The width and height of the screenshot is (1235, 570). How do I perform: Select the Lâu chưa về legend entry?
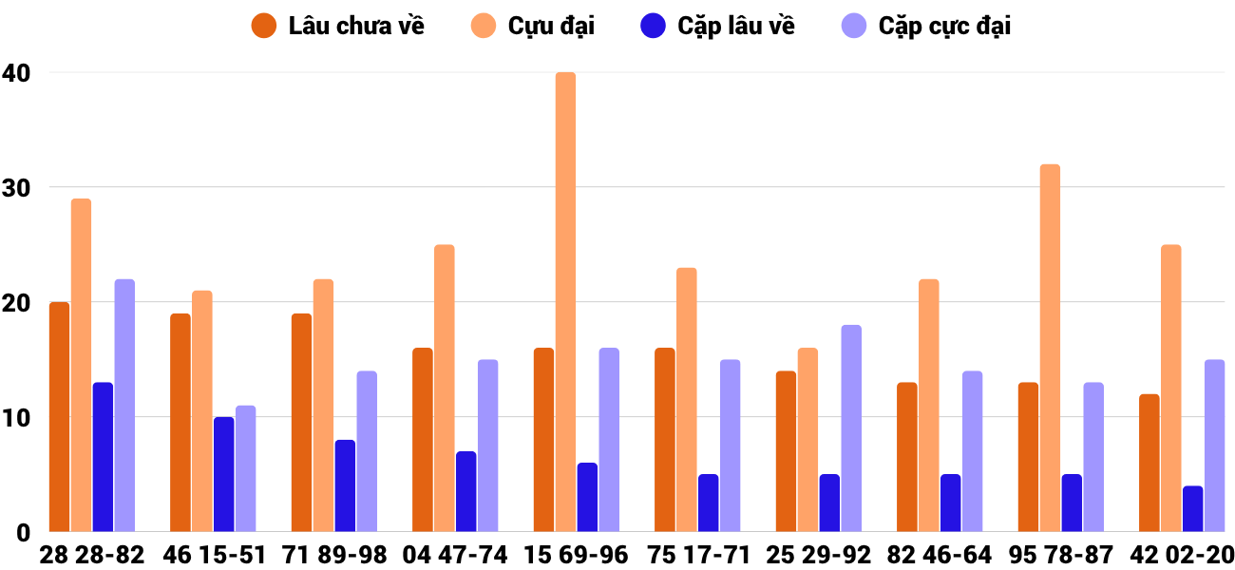[x=338, y=26]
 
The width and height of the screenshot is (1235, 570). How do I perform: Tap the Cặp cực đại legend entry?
[x=926, y=26]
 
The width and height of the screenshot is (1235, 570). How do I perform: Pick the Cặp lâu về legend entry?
[x=718, y=26]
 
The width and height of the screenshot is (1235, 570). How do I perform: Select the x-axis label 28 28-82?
[x=92, y=555]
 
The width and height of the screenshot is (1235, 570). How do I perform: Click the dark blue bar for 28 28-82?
[x=103, y=457]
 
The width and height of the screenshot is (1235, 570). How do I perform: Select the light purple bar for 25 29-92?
[x=851, y=428]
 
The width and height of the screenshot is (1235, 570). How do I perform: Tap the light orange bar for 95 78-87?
[x=1050, y=348]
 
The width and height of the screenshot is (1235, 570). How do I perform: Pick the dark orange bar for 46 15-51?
[x=180, y=423]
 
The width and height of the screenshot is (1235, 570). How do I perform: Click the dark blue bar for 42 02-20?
[x=1192, y=509]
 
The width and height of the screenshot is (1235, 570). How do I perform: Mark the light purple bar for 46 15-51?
[x=245, y=468]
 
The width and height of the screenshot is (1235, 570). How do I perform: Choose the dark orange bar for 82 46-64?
[x=907, y=457]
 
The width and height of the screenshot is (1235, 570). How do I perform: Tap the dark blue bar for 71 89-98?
[x=345, y=485]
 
